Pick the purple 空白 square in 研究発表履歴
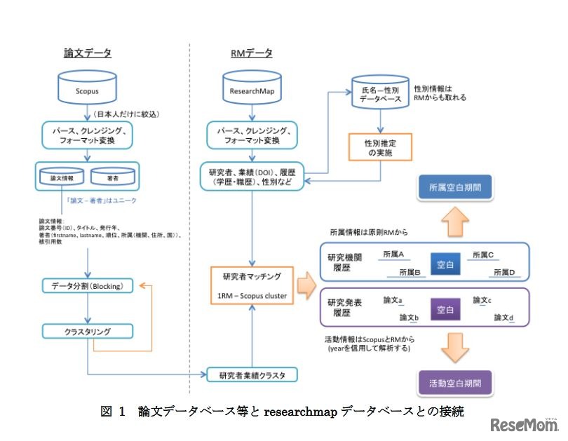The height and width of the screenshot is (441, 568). click(x=446, y=308)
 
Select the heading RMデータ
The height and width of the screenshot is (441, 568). click(x=251, y=53)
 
